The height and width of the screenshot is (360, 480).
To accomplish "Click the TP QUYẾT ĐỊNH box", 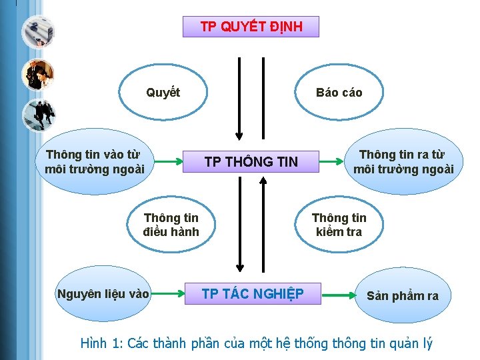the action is [x=251, y=27].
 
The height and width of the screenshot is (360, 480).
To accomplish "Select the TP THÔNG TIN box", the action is [x=251, y=161].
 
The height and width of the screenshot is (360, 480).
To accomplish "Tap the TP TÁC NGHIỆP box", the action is [x=252, y=293].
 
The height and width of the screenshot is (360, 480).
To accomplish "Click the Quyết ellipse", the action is [x=163, y=93].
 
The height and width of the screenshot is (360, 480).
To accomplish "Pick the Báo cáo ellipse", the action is [x=339, y=93].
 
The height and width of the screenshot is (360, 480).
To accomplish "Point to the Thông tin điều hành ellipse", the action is [x=171, y=225].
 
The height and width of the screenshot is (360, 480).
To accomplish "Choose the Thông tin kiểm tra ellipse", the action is [x=339, y=225].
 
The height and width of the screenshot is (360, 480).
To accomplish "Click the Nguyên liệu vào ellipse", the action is [x=103, y=293].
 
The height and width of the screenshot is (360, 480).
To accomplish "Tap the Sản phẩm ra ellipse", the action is [x=402, y=295].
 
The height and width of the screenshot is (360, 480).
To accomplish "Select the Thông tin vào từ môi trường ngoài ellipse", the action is [x=94, y=162].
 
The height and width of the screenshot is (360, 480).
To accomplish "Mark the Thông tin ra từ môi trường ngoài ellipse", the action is [x=403, y=162].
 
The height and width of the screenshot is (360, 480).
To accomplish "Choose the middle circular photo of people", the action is [x=37, y=74].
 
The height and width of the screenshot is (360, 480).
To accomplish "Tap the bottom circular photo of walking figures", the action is [x=37, y=115].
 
